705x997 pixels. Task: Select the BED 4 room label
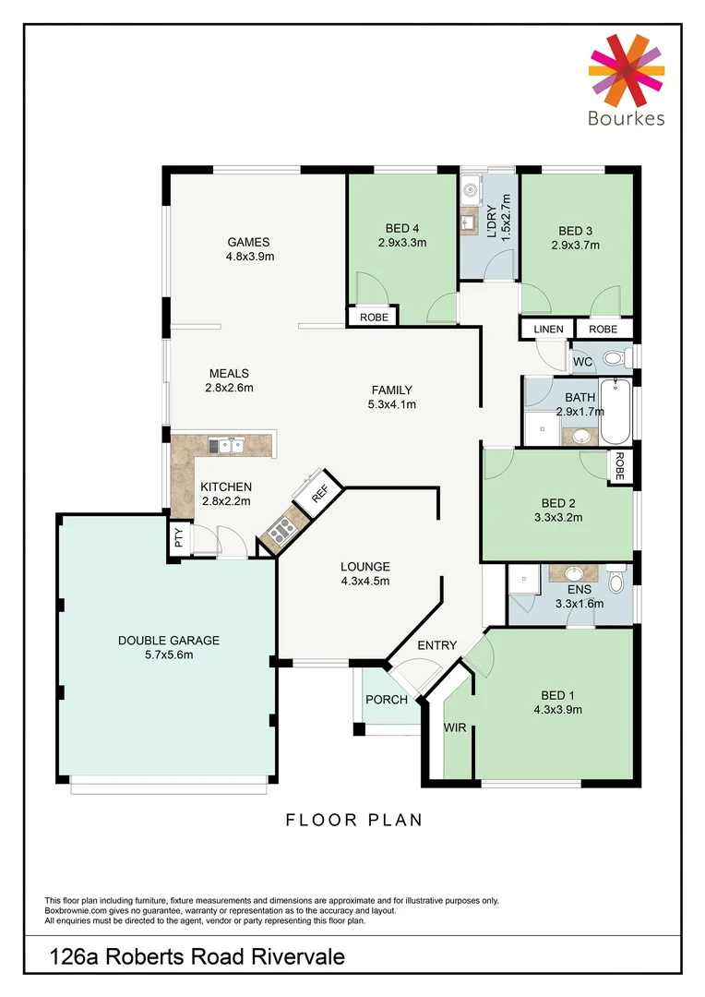[x=401, y=230]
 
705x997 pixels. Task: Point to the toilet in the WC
[x=613, y=358]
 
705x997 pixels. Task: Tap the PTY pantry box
[x=179, y=538]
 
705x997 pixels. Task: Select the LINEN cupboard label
[x=548, y=329]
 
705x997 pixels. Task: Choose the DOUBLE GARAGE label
[x=168, y=640]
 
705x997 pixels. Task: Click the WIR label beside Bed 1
[x=455, y=728]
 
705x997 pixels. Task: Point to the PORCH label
[x=387, y=700]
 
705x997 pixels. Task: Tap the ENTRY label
[x=436, y=645]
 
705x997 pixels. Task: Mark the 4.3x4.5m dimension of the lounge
[x=364, y=582]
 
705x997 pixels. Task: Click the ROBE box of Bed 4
[x=373, y=317]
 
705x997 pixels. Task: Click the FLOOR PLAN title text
[x=352, y=819]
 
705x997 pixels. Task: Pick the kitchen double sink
[x=225, y=446]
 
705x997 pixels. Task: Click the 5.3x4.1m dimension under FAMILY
[x=392, y=404]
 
